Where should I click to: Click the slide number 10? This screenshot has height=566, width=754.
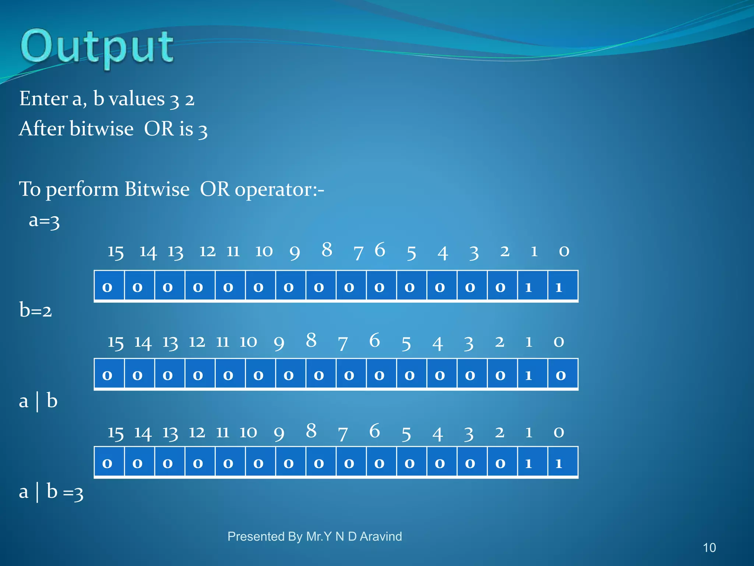709,548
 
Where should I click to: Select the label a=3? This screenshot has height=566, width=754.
44,220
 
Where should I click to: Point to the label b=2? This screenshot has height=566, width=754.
36,310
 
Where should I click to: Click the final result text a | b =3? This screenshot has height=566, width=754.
51,492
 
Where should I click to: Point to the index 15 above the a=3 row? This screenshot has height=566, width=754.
116,252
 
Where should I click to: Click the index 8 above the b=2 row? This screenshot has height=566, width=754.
311,340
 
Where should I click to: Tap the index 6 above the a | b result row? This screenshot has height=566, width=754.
374,431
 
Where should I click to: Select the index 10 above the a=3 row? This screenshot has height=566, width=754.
264,251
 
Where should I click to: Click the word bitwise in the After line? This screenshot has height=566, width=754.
102,129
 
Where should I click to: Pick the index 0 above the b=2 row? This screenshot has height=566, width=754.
559,342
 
